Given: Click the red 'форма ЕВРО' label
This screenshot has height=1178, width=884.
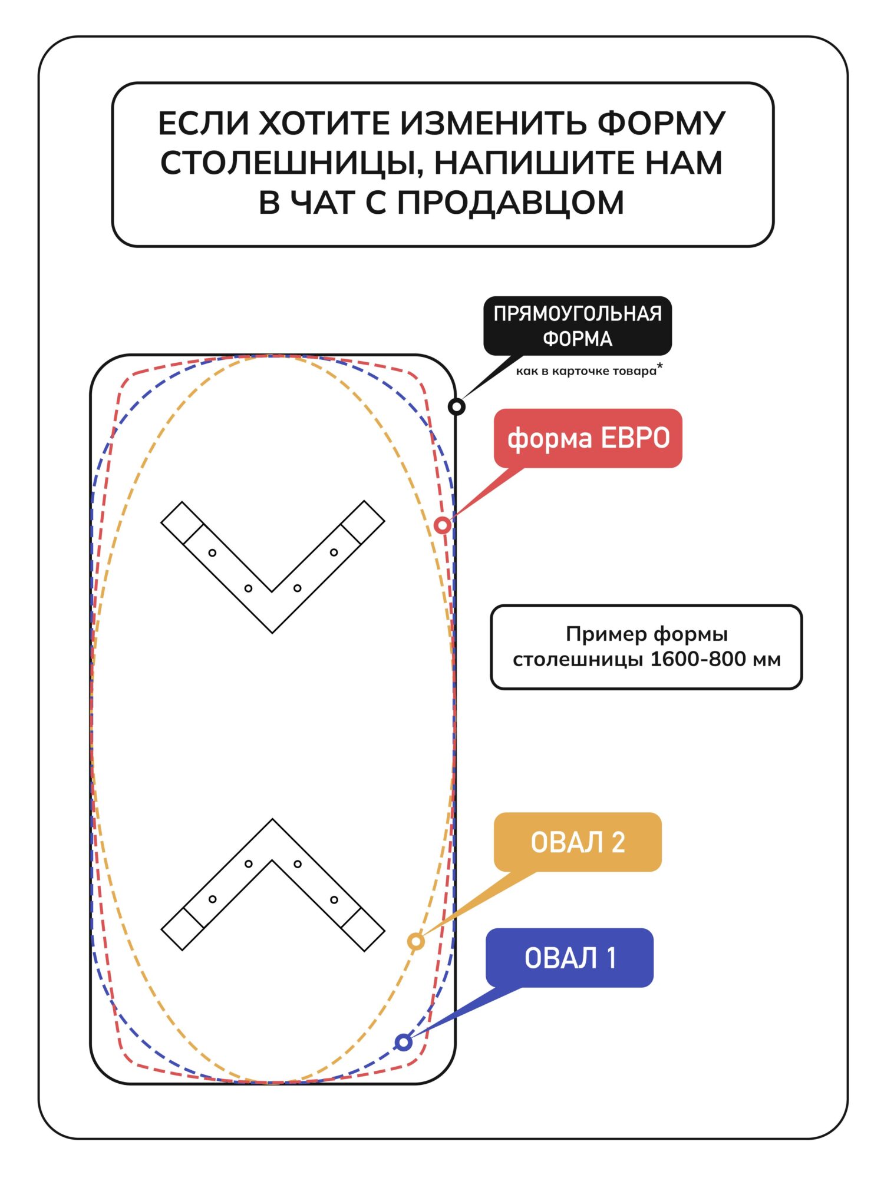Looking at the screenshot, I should [x=588, y=438].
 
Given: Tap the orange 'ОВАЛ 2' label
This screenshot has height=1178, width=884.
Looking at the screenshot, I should [x=578, y=842].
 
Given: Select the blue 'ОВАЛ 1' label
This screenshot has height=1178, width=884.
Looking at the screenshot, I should [x=569, y=958].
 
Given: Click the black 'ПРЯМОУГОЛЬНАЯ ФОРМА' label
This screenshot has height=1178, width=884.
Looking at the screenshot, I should [x=577, y=326].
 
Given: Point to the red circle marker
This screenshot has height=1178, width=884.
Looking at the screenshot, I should [x=443, y=525].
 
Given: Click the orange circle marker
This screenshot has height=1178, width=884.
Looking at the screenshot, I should [x=416, y=941].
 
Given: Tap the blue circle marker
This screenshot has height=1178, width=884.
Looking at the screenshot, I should [x=404, y=1043].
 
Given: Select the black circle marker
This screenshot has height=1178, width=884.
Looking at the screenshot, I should [x=457, y=406].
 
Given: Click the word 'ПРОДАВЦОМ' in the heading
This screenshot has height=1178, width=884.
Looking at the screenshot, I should [x=510, y=203].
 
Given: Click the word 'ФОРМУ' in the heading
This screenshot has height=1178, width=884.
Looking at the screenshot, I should [x=661, y=123].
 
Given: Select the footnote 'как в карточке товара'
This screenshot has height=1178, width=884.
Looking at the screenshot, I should [x=586, y=371].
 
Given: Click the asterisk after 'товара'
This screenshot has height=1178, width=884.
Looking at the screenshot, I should [x=660, y=367].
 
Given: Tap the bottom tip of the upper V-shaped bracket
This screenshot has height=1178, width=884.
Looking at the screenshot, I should [x=272, y=631].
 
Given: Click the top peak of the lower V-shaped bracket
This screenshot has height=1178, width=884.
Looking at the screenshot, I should [x=272, y=820].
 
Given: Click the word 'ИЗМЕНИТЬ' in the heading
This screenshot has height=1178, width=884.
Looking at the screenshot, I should [x=493, y=123].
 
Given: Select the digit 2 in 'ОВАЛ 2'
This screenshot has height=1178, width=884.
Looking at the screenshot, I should [x=618, y=842].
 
